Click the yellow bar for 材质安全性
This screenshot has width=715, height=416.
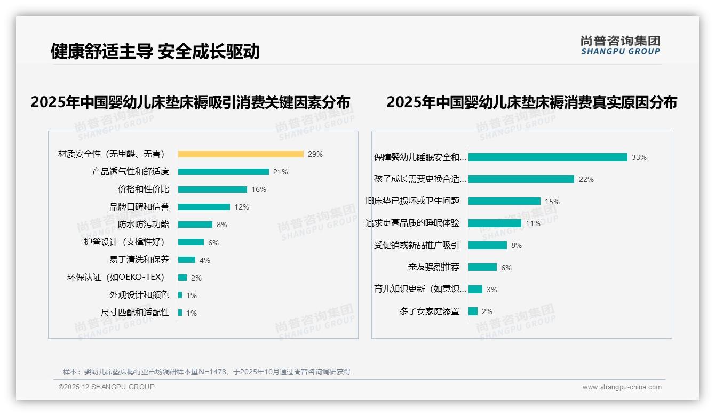pos(241,154)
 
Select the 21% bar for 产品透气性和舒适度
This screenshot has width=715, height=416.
pos(223,172)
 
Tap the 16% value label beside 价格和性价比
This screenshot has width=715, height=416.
pos(259,189)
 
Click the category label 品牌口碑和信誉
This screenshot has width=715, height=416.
pos(139,207)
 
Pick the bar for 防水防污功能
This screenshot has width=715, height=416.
pos(195,225)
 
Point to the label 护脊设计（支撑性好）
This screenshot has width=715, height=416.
pos(126,242)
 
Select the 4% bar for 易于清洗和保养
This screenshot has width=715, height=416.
pos(187,260)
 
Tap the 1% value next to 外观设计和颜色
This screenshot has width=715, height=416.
pos(192,295)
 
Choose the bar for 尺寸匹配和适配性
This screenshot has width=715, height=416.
pos(180,313)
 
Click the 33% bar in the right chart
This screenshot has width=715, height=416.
pos(547,157)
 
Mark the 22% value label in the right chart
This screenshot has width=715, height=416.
pos(586,180)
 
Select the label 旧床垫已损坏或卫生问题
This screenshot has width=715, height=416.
pos(412,201)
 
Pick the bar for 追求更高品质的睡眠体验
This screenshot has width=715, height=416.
pos(495,223)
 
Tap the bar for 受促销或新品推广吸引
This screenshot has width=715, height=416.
pos(488,245)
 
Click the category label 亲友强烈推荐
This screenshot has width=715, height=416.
pos(434,267)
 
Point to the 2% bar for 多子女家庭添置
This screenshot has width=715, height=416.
pos(473,311)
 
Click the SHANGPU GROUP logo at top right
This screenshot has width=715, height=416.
pos(621,45)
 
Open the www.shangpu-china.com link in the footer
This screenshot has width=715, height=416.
pos(622,387)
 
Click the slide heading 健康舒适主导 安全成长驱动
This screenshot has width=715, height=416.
pos(155,51)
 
